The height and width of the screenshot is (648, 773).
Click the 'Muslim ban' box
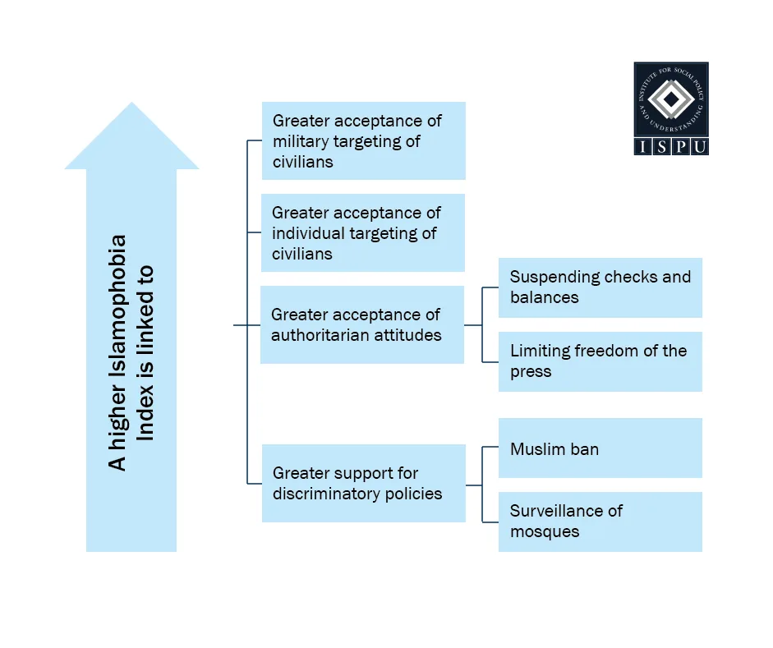point(600,448)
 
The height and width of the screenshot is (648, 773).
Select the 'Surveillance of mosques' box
point(600,522)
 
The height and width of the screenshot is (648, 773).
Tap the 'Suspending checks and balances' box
point(600,287)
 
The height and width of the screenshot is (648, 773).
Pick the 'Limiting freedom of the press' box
point(600,361)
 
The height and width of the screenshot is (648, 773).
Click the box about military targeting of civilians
point(363,140)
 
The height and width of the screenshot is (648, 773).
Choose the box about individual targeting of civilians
point(363,232)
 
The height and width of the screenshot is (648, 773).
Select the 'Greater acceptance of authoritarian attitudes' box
point(362,324)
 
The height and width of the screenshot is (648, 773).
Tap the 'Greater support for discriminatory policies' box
point(363,483)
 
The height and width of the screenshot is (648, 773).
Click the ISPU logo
point(670,108)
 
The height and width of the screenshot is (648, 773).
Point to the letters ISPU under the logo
point(670,146)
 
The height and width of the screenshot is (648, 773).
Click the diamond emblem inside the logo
point(671,100)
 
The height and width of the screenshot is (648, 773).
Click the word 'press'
point(531,371)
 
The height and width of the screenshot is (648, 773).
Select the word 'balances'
point(544,297)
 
